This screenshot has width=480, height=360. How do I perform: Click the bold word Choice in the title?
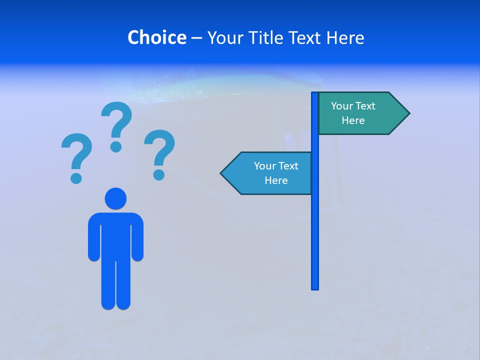(x=157, y=37)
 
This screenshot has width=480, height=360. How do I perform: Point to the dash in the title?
(x=196, y=38)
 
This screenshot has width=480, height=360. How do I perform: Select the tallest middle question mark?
(x=116, y=125)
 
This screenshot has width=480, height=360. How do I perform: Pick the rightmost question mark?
(x=159, y=152)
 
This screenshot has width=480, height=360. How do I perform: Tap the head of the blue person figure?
(x=115, y=198)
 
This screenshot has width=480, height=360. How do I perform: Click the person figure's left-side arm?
(x=94, y=237)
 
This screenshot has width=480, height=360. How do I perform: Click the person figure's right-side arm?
(x=137, y=237)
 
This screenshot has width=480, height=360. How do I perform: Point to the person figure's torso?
(x=115, y=235)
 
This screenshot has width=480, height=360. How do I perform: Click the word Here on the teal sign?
(x=353, y=120)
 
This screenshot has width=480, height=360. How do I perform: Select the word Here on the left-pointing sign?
(x=276, y=180)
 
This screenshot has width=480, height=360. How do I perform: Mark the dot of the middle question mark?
(x=116, y=146)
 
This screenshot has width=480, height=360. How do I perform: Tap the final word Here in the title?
(x=345, y=37)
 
